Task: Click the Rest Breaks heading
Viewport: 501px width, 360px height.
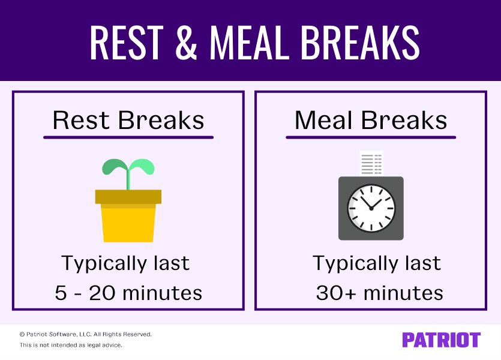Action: click(128, 120)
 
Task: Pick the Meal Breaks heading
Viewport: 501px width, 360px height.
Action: click(371, 120)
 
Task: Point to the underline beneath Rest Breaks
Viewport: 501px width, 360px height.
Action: click(128, 137)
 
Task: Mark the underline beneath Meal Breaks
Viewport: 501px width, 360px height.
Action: click(371, 137)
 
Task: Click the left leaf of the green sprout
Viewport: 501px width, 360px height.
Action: click(114, 167)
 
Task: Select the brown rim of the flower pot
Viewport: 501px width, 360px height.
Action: click(128, 197)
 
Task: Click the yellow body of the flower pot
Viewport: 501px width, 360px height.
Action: click(128, 224)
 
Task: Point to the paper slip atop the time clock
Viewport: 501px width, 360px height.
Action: click(371, 163)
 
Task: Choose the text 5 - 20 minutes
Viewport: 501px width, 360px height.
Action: click(128, 293)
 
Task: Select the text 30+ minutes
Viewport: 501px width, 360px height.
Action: click(379, 293)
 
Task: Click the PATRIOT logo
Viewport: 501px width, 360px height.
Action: click(441, 340)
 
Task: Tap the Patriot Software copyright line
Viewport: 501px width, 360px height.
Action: click(86, 334)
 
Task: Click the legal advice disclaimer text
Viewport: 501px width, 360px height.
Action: click(71, 345)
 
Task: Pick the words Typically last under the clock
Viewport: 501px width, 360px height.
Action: click(377, 263)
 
